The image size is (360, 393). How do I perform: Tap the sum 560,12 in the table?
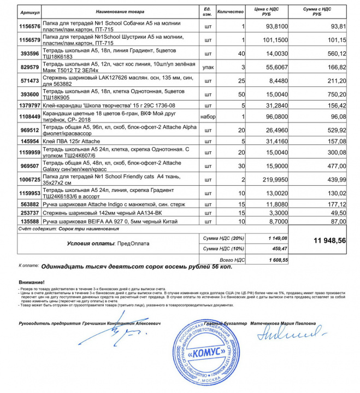tap(334, 54)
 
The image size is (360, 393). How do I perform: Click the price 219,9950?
tap(276, 180)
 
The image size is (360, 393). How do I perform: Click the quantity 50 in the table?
tap(241, 94)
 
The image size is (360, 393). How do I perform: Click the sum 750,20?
tap(334, 94)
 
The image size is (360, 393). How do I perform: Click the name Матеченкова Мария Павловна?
tap(283, 324)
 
